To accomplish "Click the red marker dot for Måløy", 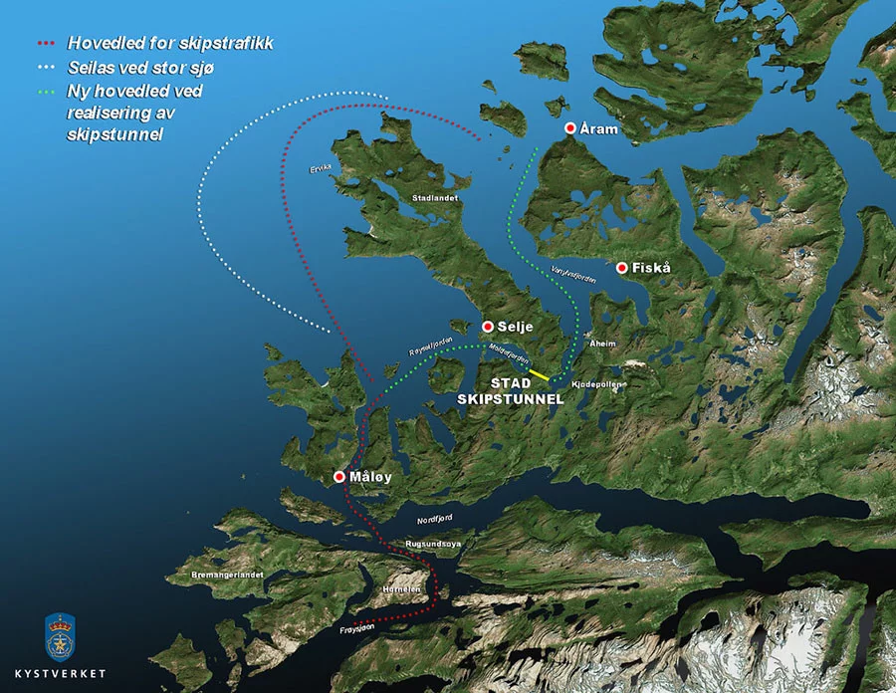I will pyautogui.click(x=340, y=478).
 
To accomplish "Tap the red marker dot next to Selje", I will pyautogui.click(x=488, y=327).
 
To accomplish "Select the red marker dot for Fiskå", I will pyautogui.click(x=622, y=268).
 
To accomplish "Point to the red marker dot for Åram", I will pyautogui.click(x=570, y=129).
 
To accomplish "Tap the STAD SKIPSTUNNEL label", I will pyautogui.click(x=511, y=391).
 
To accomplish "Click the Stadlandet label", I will pyautogui.click(x=435, y=198).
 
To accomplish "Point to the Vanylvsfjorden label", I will pyautogui.click(x=572, y=276).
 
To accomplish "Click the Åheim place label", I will pyautogui.click(x=603, y=344).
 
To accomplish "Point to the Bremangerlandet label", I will pyautogui.click(x=227, y=576).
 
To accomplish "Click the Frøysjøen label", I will pyautogui.click(x=355, y=629).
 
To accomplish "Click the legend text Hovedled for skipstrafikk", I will pyautogui.click(x=170, y=44).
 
